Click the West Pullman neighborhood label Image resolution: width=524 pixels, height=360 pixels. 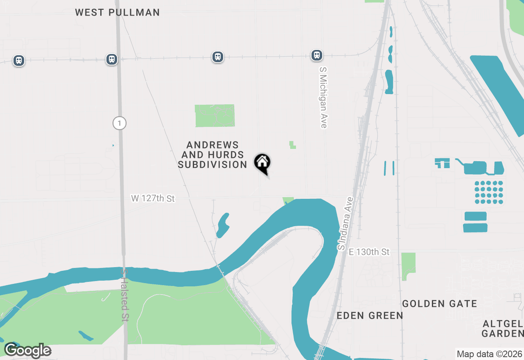point(117,12)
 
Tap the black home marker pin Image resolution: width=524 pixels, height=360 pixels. point(262,163)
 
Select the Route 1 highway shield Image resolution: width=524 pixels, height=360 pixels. point(119,123)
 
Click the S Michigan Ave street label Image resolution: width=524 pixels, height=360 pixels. point(323,98)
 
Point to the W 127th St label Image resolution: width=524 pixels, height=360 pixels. point(153,198)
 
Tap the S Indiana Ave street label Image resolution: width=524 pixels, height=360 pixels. point(345,223)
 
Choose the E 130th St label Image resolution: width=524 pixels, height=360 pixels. point(369,252)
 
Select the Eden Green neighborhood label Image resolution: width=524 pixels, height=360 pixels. point(370,315)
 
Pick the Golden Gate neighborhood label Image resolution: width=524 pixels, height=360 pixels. point(439,304)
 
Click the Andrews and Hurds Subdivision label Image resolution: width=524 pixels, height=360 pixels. point(213,155)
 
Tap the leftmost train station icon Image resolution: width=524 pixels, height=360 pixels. point(18,61)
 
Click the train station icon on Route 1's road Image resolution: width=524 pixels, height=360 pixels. point(111,59)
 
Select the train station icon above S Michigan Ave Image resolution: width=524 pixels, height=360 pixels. point(316,55)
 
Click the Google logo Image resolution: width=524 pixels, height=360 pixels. point(27,351)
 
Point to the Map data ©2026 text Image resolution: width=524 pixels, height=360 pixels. point(489,354)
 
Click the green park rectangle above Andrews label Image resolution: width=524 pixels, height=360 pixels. point(215,116)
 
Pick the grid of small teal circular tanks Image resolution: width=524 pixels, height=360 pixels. point(489,192)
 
